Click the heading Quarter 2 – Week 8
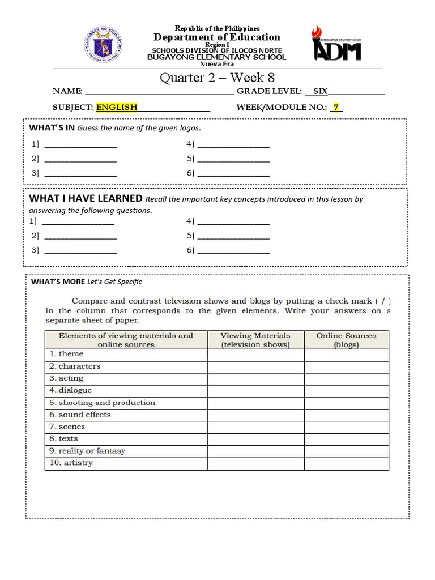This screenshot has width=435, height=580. (x=217, y=78)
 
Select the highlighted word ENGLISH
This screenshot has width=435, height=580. (x=116, y=107)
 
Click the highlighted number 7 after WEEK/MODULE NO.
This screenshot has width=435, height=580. (x=336, y=107)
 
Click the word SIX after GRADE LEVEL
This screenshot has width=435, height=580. (x=321, y=91)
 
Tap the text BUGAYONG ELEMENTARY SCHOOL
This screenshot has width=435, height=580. (x=217, y=57)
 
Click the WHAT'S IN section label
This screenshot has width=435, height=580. (x=52, y=127)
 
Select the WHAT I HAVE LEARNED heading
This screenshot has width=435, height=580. (x=86, y=198)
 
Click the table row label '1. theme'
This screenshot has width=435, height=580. (x=66, y=354)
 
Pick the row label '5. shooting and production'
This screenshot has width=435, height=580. (x=102, y=403)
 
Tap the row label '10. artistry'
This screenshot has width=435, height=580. (x=71, y=463)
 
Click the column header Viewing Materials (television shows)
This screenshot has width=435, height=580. (x=255, y=340)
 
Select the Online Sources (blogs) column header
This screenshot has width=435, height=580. (x=346, y=340)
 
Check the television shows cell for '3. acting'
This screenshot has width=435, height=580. (x=255, y=379)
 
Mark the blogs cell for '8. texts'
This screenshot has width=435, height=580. (x=346, y=439)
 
